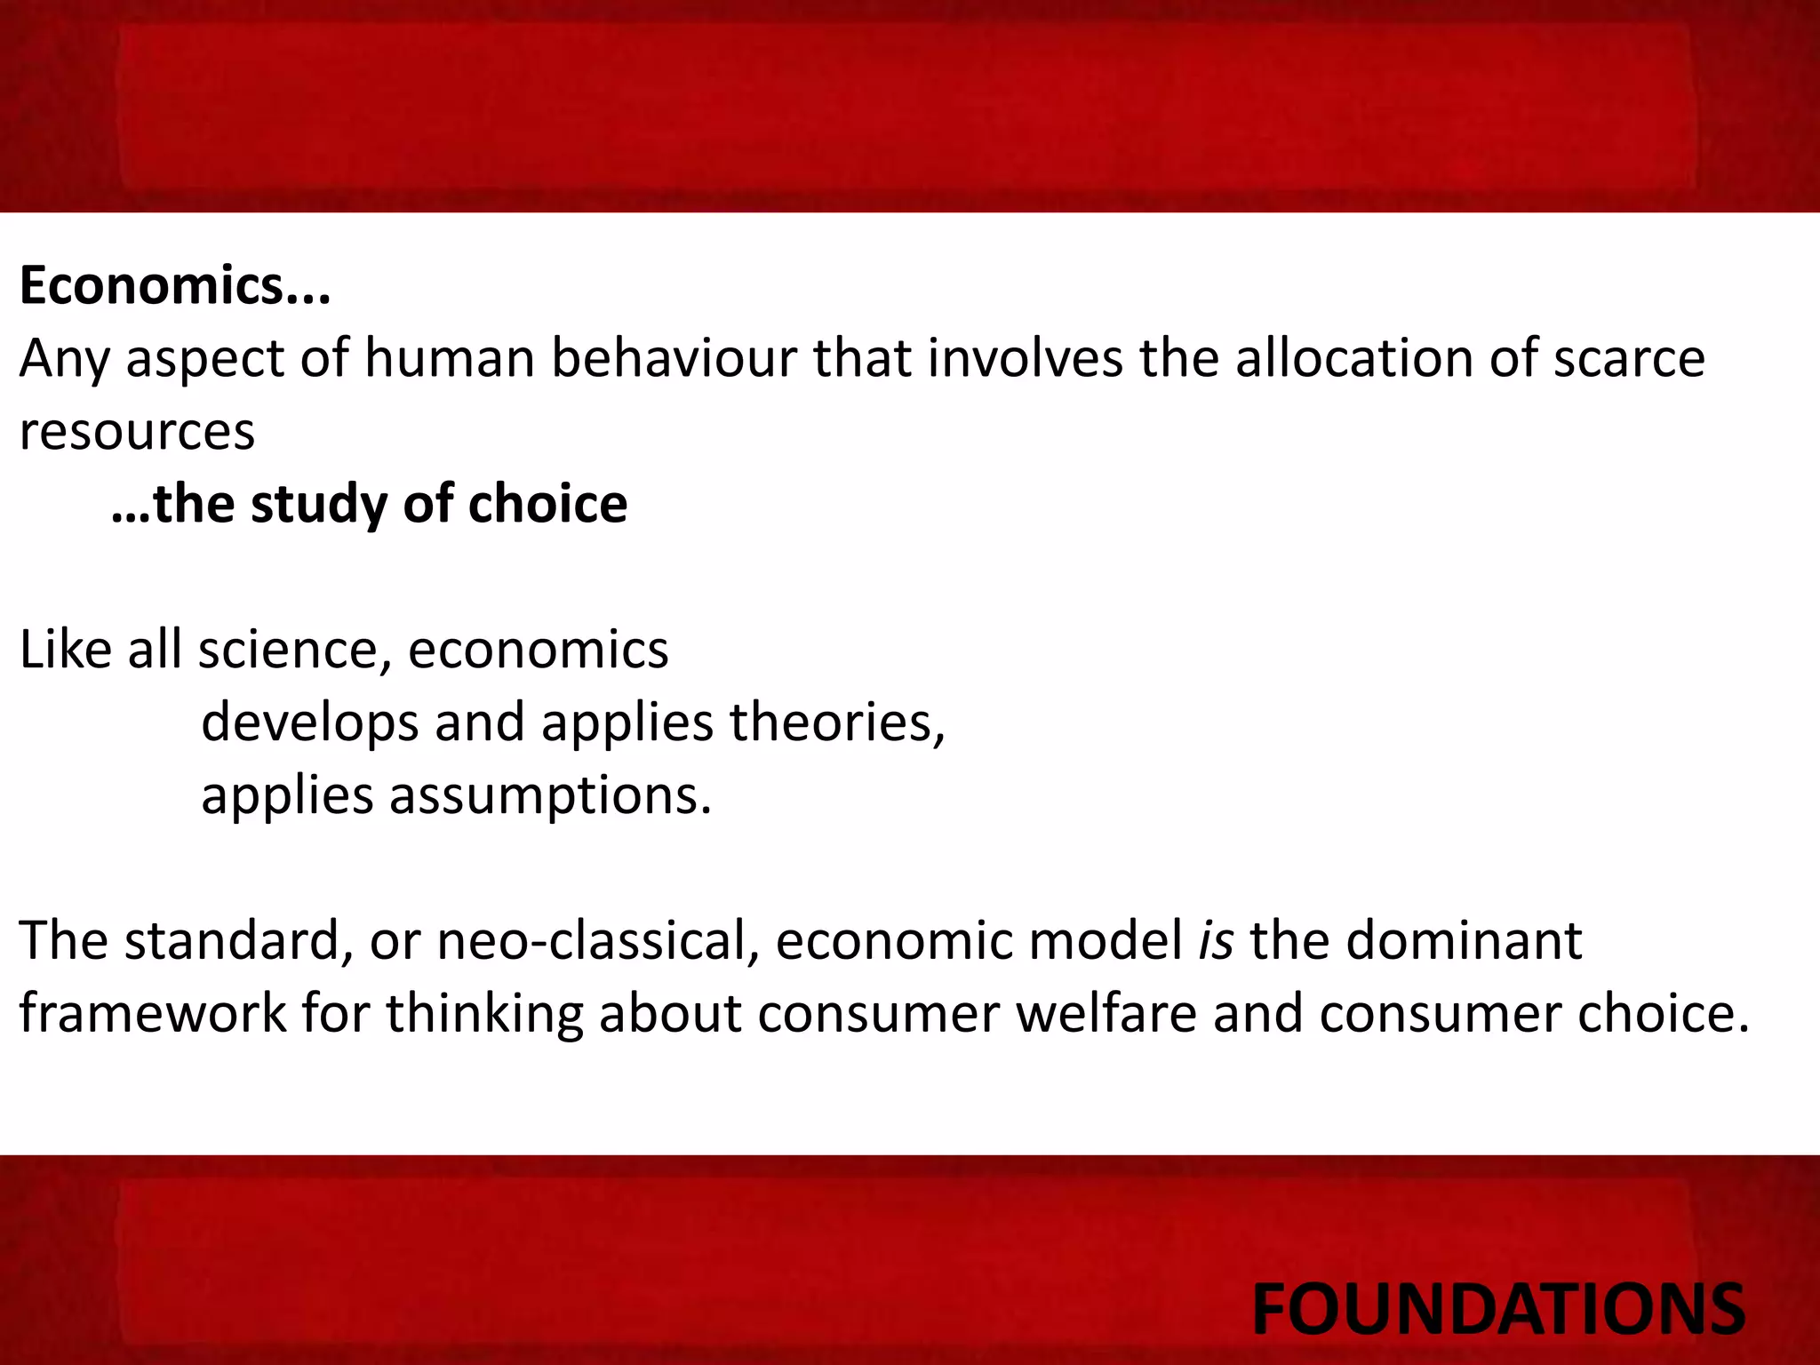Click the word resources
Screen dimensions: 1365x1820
[x=137, y=433]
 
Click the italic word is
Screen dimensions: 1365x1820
[x=1216, y=940]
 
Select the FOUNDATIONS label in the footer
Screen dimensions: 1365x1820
[x=1497, y=1309]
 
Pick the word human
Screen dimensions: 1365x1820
[x=449, y=358]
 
